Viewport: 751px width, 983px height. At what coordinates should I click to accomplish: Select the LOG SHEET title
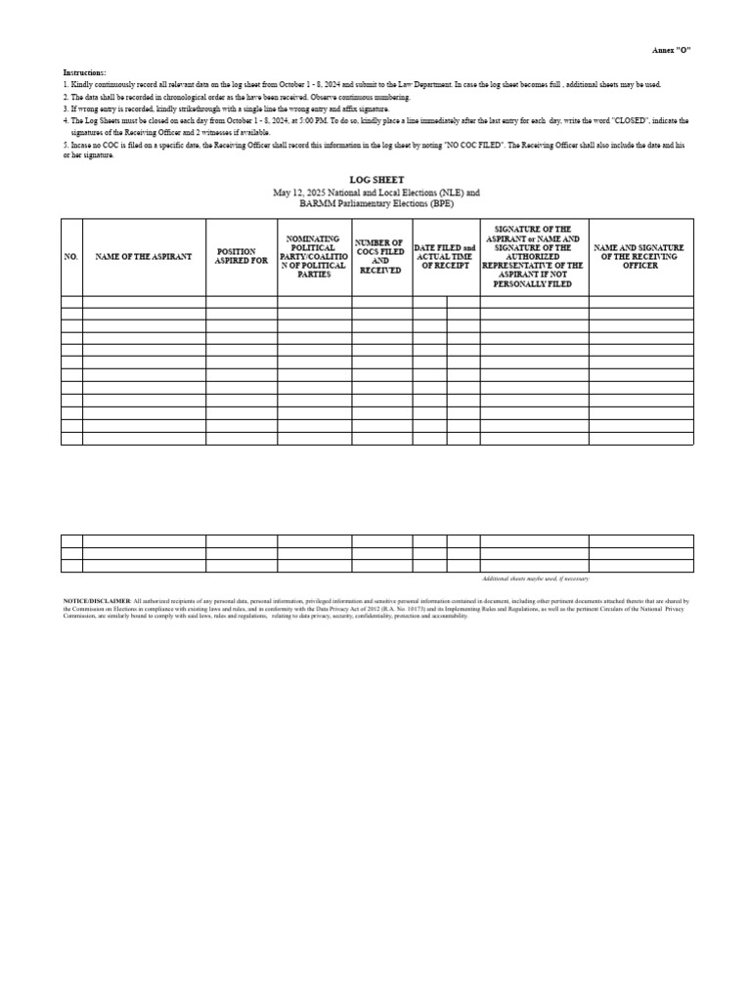[376, 182]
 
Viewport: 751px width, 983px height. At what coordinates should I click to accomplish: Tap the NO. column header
[70, 256]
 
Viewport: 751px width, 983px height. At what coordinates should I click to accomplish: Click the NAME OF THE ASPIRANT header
[144, 256]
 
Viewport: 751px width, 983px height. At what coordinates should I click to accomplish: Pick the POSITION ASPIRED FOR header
[241, 256]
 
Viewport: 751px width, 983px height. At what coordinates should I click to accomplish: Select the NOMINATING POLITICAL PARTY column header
[314, 256]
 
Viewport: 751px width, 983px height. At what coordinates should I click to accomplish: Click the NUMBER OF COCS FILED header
[381, 256]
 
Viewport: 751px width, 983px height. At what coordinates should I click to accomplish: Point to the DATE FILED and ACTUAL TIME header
[445, 256]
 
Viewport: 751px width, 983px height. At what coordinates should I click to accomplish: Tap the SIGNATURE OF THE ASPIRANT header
[533, 256]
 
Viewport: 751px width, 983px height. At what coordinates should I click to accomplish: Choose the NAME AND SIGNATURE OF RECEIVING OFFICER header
[640, 256]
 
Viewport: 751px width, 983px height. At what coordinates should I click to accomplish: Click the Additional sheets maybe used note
[536, 579]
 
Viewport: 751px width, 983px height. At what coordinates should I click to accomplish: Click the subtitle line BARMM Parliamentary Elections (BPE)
[376, 204]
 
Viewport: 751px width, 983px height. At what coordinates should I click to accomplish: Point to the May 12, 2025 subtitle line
[376, 193]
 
